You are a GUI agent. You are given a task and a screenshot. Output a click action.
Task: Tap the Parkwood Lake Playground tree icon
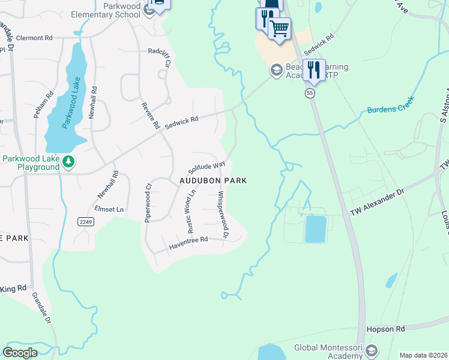pyautogui.click(x=69, y=162)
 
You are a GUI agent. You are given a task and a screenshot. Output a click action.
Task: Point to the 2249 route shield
pyautogui.click(x=85, y=222)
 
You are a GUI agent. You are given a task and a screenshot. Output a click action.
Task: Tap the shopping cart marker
pyautogui.click(x=279, y=28)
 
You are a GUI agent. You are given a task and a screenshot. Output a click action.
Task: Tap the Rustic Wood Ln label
pyautogui.click(x=191, y=211)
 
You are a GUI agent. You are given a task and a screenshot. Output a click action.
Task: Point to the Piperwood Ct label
pyautogui.click(x=148, y=203)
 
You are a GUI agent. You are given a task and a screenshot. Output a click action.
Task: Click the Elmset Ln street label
pyautogui.click(x=109, y=209)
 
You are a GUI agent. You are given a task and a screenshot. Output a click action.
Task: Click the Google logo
pyautogui.click(x=20, y=353)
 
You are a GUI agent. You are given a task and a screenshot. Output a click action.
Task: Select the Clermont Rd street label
pyautogui.click(x=34, y=38)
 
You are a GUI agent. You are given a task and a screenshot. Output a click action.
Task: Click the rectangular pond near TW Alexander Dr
pyautogui.click(x=315, y=229)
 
